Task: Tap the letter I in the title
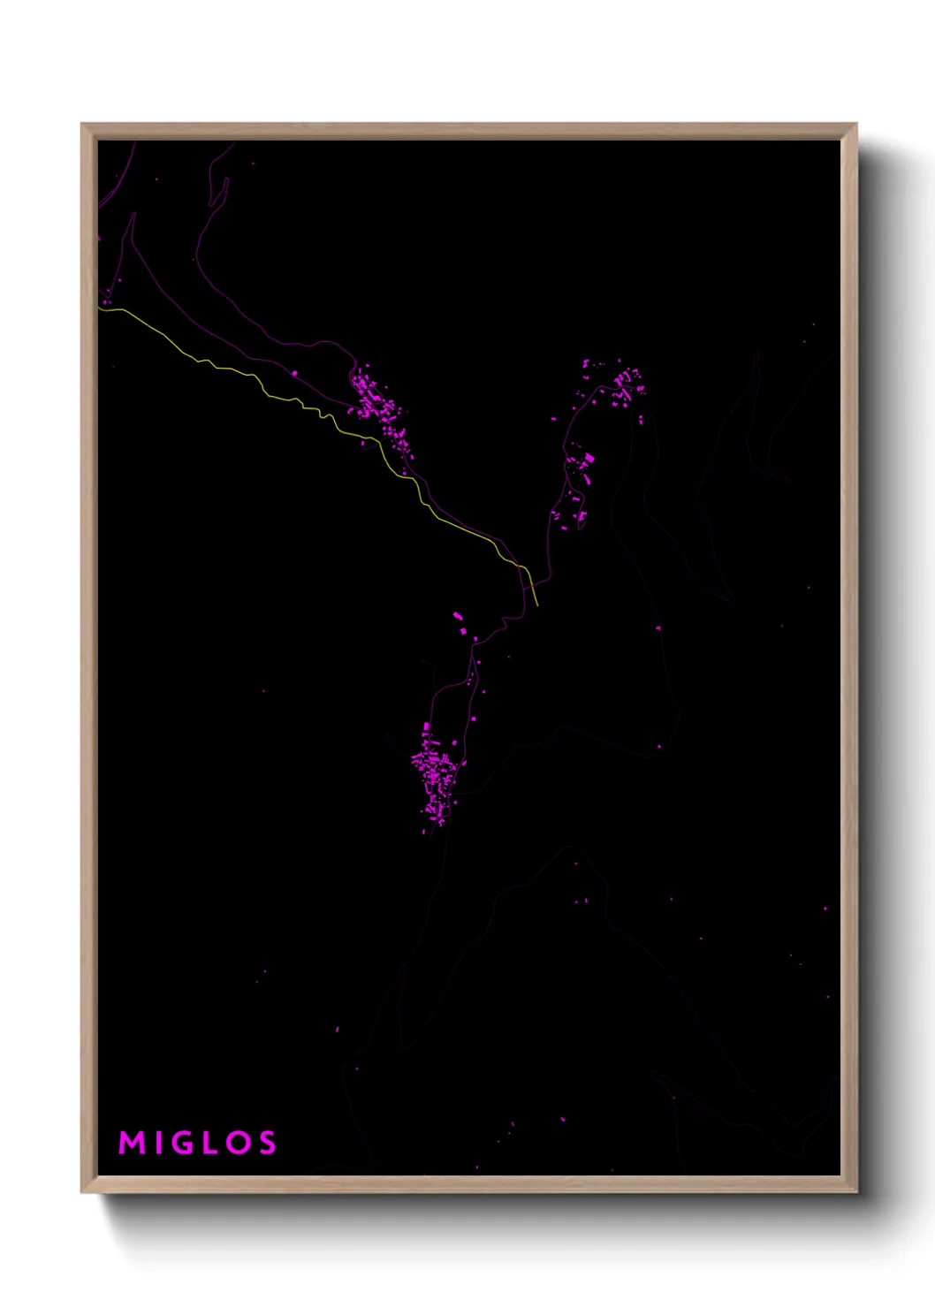coord(159,1143)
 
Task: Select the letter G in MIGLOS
coord(184,1143)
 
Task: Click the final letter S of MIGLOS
coord(266,1143)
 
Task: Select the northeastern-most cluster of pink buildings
coord(626,384)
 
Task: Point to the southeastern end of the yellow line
coord(537,605)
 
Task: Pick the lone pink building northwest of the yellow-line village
coord(293,374)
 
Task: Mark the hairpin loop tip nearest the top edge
coord(225,180)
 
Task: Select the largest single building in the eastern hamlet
coord(589,459)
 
